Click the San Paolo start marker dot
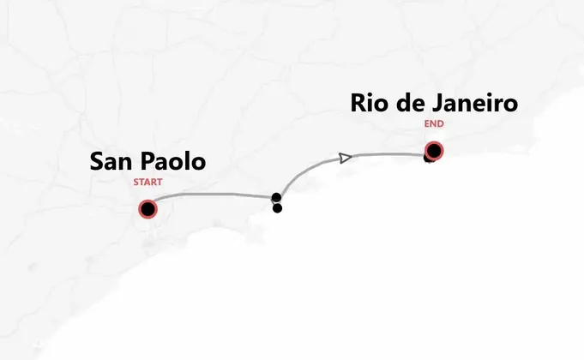pos(148,209)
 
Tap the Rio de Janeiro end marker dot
pos(434,152)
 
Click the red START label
pos(148,182)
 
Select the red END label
pos(434,123)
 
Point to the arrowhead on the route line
pos(344,158)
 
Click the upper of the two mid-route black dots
pos(276,198)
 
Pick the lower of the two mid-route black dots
pos(277,207)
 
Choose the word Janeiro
pos(475,104)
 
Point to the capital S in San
pos(97,161)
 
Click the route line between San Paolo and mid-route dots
pos(214,195)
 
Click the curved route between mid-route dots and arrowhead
pos(304,171)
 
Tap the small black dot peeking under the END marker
pos(428,159)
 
